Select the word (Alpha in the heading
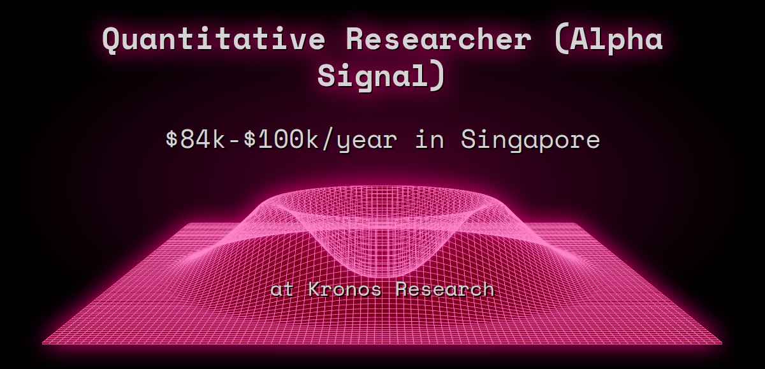[608, 40]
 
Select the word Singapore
[530, 140]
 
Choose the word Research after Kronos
[444, 289]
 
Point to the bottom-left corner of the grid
[43, 344]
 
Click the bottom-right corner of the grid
[721, 344]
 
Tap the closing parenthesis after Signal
[435, 75]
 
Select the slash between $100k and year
[328, 140]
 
